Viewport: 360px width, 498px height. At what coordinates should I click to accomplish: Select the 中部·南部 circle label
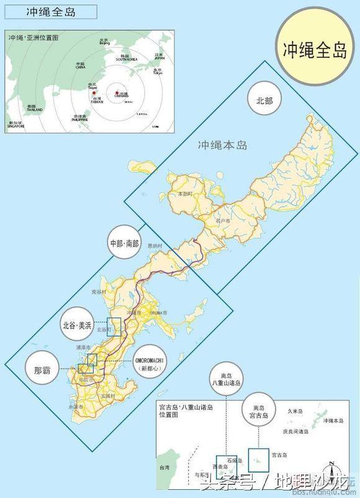pyautogui.click(x=124, y=243)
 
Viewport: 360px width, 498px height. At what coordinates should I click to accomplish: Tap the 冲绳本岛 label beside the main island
pyautogui.click(x=222, y=145)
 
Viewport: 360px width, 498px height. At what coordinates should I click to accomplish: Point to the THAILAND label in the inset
pyautogui.click(x=35, y=109)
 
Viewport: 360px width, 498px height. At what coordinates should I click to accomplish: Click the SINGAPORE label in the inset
pyautogui.click(x=16, y=125)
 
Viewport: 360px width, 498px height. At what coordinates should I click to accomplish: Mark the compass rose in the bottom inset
pyautogui.click(x=333, y=471)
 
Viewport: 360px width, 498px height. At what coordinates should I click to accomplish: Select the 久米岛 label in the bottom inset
pyautogui.click(x=294, y=411)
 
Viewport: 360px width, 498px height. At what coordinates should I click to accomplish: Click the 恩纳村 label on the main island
pyautogui.click(x=155, y=246)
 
